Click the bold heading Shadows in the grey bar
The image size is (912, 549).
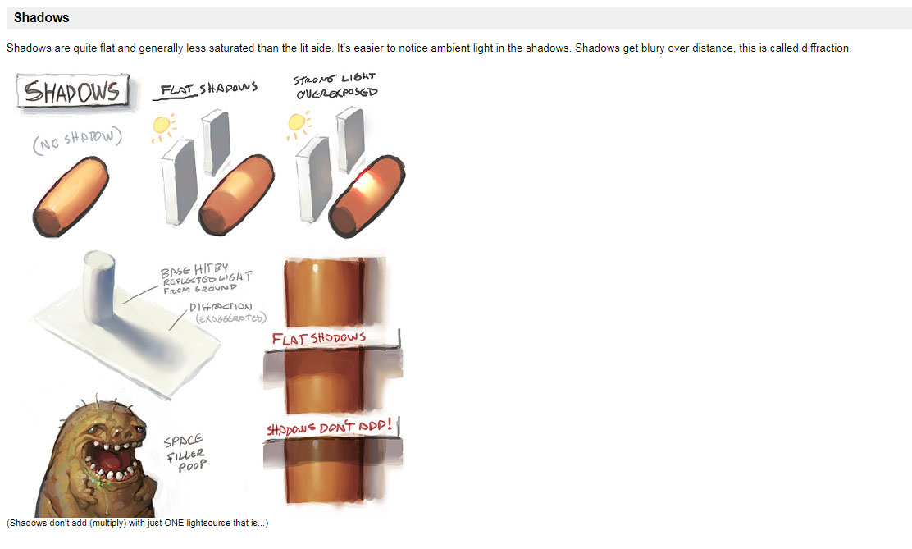coord(41,18)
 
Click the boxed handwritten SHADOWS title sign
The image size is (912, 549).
coord(73,91)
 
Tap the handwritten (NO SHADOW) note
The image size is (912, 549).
coord(77,140)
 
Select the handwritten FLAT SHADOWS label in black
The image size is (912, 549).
coord(208,89)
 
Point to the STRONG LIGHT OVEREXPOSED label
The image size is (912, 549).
coord(335,86)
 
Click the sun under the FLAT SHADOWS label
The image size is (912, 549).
coord(162,126)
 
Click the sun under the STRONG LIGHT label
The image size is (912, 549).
coord(297,124)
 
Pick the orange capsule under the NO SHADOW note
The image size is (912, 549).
coord(71,197)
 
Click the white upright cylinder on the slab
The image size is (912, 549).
coord(99,286)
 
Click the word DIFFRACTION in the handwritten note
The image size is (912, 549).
coord(221,307)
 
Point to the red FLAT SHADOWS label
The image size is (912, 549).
coord(319,338)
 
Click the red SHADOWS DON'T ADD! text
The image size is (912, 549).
coord(329,428)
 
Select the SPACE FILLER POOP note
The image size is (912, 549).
coord(185,453)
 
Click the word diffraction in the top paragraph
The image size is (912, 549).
coord(826,48)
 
